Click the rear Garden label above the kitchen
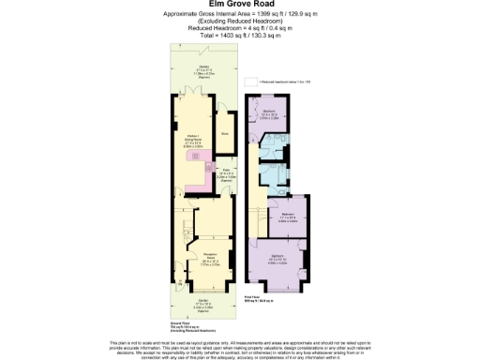(203, 69)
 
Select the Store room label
(224, 132)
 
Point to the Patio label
(225, 173)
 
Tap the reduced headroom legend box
(249, 83)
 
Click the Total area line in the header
(240, 34)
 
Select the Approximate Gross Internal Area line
(240, 13)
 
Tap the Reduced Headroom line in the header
(240, 27)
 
